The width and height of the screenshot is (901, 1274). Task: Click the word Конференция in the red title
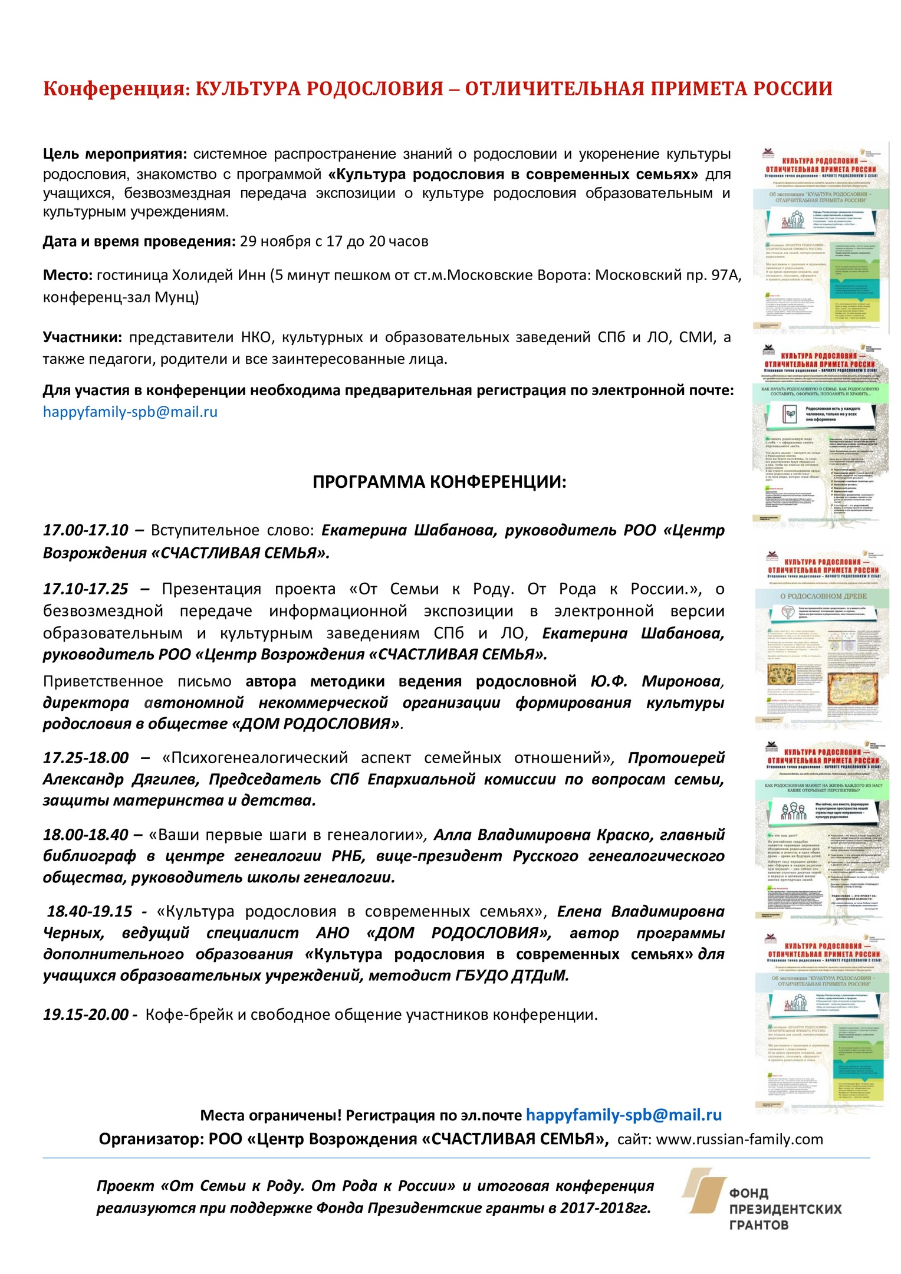pos(114,89)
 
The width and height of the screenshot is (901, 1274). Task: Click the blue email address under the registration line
pos(130,412)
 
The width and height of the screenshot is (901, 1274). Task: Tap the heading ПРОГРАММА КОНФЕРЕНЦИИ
pos(439,482)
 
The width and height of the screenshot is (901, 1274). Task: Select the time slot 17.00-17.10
pos(86,530)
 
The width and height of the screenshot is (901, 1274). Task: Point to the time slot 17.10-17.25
pos(86,589)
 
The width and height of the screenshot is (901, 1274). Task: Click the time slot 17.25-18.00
pos(86,758)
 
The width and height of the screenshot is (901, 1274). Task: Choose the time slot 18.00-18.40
pos(86,835)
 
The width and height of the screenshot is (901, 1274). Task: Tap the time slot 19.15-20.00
pos(86,1014)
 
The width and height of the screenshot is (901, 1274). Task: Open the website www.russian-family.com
pos(739,1139)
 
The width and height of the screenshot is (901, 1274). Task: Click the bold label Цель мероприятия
pos(114,155)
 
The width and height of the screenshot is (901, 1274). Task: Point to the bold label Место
pos(67,275)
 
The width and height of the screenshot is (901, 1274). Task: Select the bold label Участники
pos(82,337)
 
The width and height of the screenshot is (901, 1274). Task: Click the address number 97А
pos(725,275)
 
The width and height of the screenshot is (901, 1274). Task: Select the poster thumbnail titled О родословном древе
pos(821,637)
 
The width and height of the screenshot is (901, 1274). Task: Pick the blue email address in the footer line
pos(624,1115)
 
